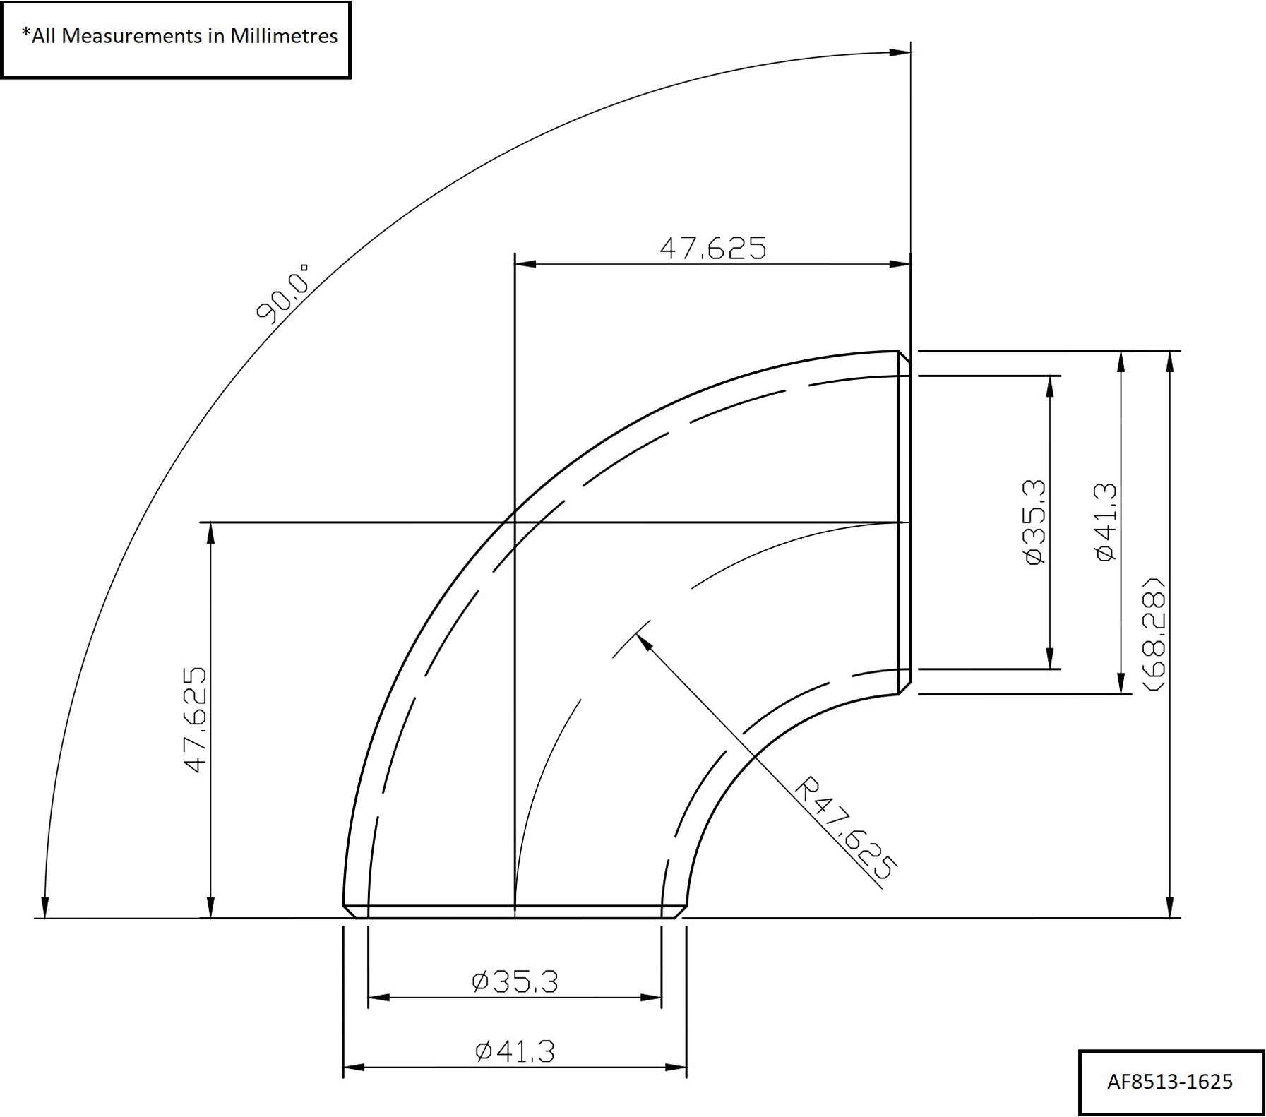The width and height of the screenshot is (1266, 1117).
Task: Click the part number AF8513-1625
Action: (1170, 1082)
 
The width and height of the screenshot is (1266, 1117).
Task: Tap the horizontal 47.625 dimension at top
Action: (712, 248)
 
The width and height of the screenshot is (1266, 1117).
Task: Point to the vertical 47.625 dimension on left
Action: (196, 719)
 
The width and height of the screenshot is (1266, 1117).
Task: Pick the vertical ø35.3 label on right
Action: (1034, 522)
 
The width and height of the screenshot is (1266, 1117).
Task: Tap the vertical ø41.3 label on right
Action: (1106, 522)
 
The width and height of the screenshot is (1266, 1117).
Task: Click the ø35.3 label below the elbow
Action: (515, 981)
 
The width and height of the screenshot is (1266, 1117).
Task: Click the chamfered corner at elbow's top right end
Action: (904, 357)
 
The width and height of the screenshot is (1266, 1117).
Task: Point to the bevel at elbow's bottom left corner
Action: (349, 912)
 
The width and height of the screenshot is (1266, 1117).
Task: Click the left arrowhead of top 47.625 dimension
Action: (525, 264)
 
